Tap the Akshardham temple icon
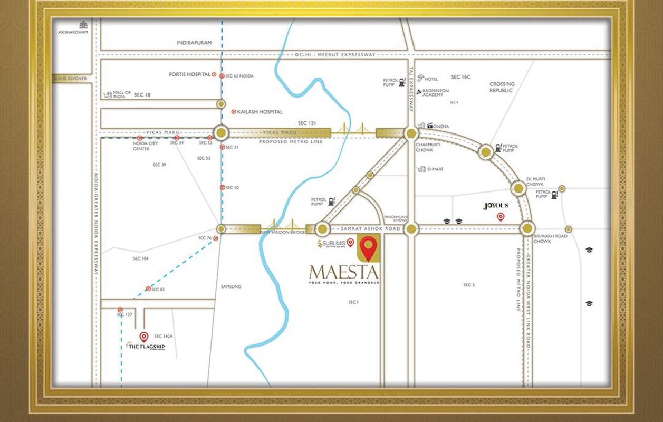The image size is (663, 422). pos(83,24)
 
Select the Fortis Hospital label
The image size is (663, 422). pos(189,75)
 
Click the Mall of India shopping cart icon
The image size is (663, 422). pos(108,95)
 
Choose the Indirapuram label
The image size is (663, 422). pos(194,43)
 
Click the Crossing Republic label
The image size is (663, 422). pos(502,87)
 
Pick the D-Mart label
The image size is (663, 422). pos(436,169)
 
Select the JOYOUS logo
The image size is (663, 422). pos(495,206)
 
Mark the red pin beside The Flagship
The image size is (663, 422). pos(143,336)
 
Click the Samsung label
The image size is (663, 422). pos(231,286)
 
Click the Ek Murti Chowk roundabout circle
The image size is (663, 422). pos(518,188)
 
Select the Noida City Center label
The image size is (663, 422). pos(145,146)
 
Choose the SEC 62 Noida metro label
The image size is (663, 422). pos(239,76)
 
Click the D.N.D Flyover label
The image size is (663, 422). pos(70,79)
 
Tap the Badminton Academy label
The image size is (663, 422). pos(436,93)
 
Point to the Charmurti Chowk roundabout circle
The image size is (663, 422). pos(411,133)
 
